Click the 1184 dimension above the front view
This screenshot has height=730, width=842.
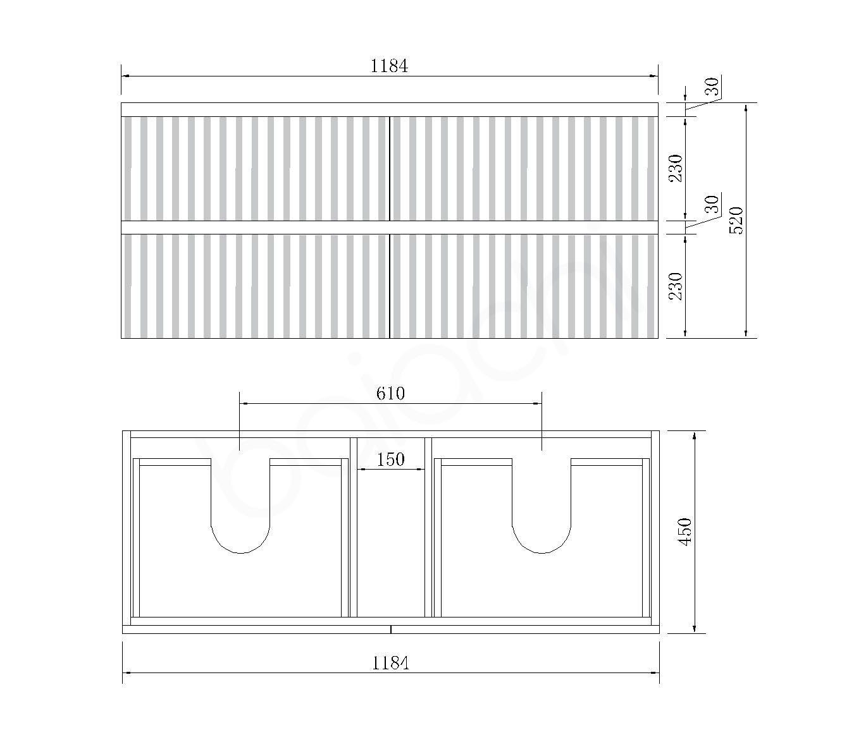[x=389, y=66]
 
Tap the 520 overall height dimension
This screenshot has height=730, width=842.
[x=736, y=221]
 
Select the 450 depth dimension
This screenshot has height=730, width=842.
[x=684, y=532]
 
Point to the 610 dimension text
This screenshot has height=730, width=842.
[x=390, y=393]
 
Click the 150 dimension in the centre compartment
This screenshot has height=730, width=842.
[x=390, y=459]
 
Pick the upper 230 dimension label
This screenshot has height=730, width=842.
[x=676, y=169]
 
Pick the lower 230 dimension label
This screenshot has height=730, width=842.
[x=676, y=286]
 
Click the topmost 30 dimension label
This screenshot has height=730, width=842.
[x=713, y=86]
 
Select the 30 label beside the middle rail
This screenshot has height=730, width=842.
[x=712, y=204]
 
